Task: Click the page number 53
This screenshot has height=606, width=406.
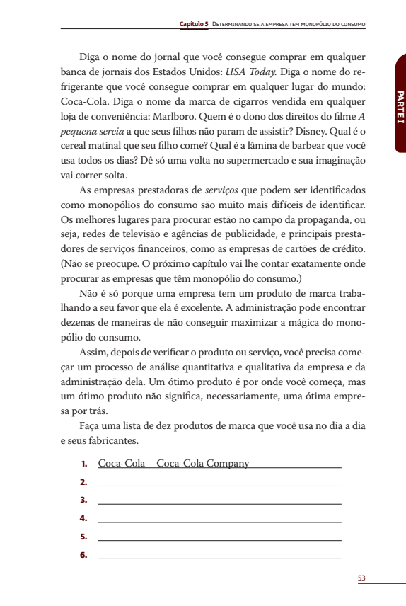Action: pos(361,578)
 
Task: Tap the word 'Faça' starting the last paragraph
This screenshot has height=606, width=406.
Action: pos(91,427)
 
